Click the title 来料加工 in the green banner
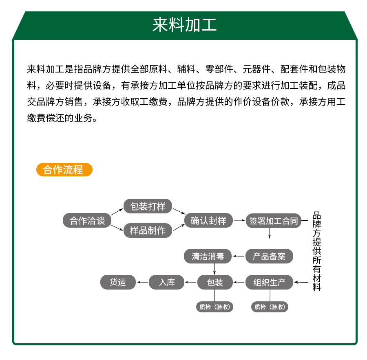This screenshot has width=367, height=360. tap(184, 24)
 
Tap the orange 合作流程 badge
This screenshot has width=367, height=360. tap(64, 169)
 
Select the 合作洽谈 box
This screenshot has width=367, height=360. tap(87, 220)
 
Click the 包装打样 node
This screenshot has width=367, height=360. tap(148, 206)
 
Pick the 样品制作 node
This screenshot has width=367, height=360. tap(148, 230)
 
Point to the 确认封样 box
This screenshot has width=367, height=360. tap(208, 220)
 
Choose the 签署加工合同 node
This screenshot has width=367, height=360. tap(273, 221)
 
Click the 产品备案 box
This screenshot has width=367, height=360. tap(269, 256)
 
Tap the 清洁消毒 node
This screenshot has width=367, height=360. tap(208, 256)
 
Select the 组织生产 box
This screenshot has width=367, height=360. tap(269, 282)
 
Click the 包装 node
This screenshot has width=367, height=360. tap(215, 282)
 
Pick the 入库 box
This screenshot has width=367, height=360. tap(167, 282)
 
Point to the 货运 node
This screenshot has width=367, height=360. tap(118, 282)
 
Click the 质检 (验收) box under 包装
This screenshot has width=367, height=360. tap(214, 307)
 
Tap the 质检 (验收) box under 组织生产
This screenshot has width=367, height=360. tap(270, 307)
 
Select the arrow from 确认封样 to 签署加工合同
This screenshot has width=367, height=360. tap(239, 220)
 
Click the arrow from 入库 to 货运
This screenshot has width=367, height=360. tap(142, 282)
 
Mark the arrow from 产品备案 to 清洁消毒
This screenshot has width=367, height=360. tap(239, 256)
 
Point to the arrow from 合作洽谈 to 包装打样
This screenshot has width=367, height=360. tap(117, 211)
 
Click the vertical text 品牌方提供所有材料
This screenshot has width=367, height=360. tap(317, 251)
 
